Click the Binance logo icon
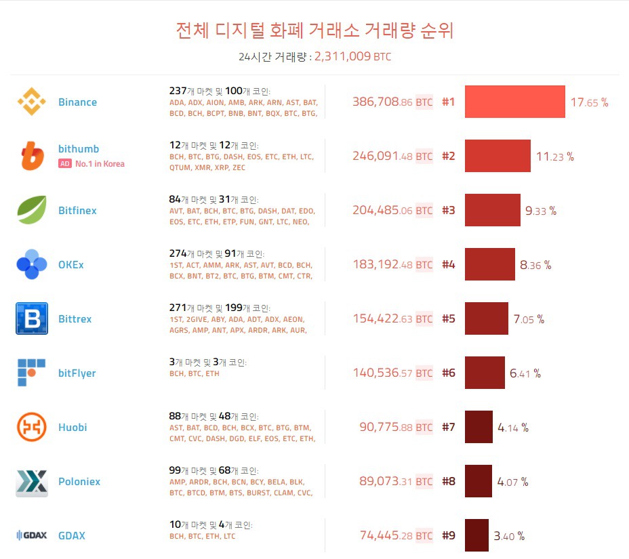click(31, 102)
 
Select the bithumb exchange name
click(79, 149)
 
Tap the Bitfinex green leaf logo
click(31, 210)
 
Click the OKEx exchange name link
click(71, 265)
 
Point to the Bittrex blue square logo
click(31, 318)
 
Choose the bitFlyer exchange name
click(77, 373)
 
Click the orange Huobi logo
click(31, 427)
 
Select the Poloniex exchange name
click(79, 482)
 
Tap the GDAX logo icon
click(31, 535)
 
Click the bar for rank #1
click(514, 102)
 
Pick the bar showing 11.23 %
click(498, 156)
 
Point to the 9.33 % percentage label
click(541, 211)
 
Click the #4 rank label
click(449, 265)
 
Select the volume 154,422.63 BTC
click(392, 319)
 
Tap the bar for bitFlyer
click(485, 373)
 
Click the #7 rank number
click(449, 428)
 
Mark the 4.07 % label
click(512, 482)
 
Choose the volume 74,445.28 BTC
click(396, 536)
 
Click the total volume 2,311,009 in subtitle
click(342, 57)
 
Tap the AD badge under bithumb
click(65, 163)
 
